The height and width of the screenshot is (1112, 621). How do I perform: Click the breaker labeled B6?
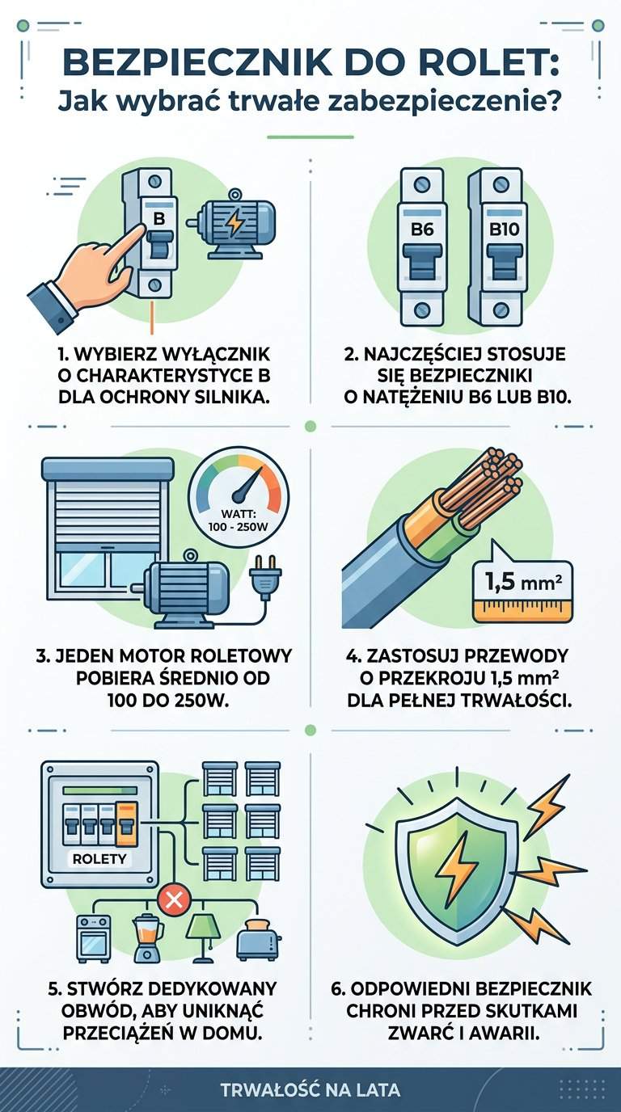tap(422, 247)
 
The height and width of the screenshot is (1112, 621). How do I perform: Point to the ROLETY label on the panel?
tap(99, 858)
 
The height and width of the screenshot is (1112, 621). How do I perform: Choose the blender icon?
tap(146, 940)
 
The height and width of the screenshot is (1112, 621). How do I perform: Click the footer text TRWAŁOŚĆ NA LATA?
tap(310, 1089)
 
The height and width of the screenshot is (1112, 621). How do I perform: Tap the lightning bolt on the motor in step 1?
tap(235, 223)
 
